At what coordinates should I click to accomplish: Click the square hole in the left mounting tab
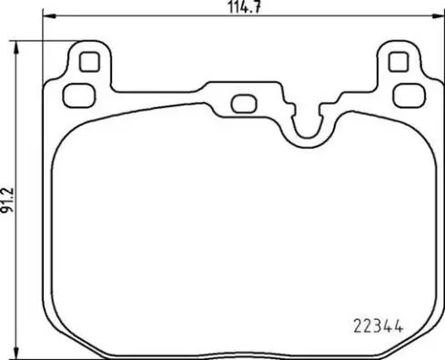(x=88, y=62)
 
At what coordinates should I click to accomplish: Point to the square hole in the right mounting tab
(x=397, y=62)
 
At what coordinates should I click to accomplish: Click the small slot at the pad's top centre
(x=243, y=103)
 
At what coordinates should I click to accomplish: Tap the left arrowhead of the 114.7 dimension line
(x=48, y=19)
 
